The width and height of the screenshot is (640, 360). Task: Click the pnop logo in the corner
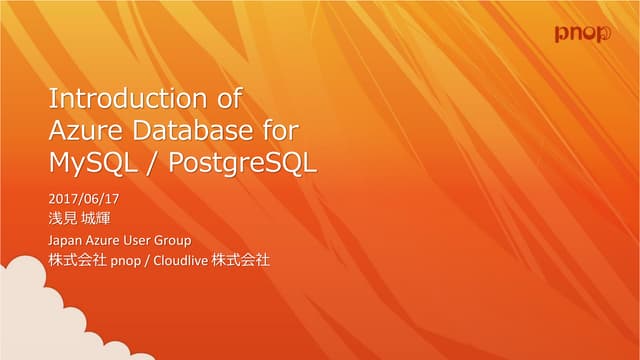(583, 34)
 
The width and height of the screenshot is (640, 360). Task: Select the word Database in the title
(188, 131)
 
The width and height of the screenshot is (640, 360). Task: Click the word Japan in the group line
(66, 241)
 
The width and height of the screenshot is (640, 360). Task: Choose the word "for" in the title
(282, 131)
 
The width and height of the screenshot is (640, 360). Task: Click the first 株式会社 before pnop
(76, 261)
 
